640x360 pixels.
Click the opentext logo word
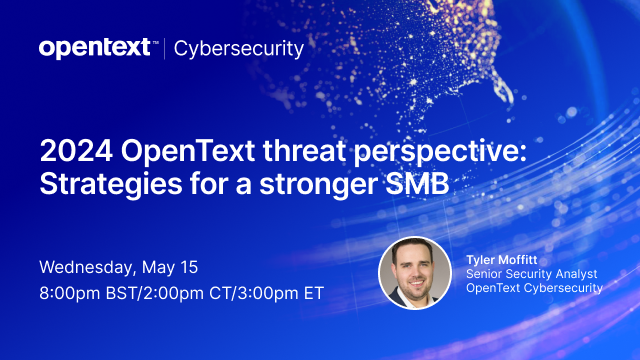[x=94, y=47]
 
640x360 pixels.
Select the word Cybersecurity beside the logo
[x=239, y=47]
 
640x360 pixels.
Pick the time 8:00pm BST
[x=97, y=295]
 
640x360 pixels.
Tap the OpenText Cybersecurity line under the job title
[x=534, y=288]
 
